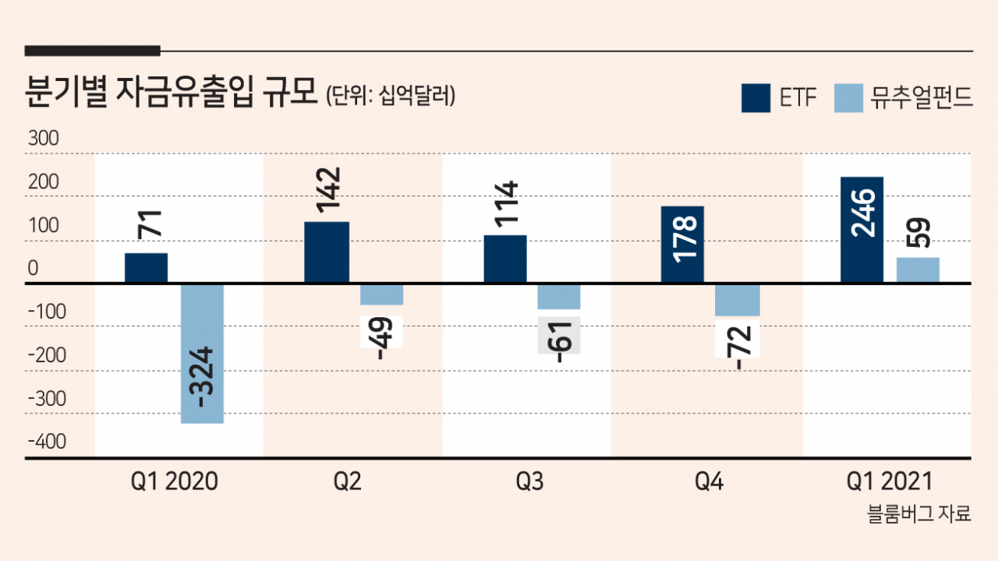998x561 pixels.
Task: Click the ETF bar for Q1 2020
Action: [x=146, y=267]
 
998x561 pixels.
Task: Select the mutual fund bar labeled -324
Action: [x=202, y=354]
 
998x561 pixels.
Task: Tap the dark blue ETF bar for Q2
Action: [x=327, y=252]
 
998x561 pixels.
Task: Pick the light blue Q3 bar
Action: [x=559, y=297]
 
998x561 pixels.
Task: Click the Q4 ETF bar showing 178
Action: [x=682, y=245]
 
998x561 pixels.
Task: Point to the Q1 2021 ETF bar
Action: [x=862, y=230]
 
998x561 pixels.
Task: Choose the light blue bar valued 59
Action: [x=918, y=270]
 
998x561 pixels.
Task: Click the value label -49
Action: [x=382, y=337]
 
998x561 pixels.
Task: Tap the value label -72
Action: [x=738, y=348]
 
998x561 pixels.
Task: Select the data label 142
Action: [x=328, y=189]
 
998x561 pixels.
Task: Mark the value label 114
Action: [x=506, y=203]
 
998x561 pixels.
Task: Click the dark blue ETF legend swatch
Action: [x=756, y=98]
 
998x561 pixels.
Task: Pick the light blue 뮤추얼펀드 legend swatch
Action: [x=848, y=98]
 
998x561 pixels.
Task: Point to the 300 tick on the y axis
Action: [x=43, y=139]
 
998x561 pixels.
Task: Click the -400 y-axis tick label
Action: [x=47, y=442]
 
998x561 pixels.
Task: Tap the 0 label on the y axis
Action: [x=33, y=268]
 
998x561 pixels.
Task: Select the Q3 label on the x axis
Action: [x=529, y=482]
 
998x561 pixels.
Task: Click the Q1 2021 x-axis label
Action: [x=890, y=482]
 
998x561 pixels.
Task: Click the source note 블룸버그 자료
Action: [x=918, y=513]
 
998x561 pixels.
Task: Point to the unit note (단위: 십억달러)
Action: [x=391, y=95]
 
